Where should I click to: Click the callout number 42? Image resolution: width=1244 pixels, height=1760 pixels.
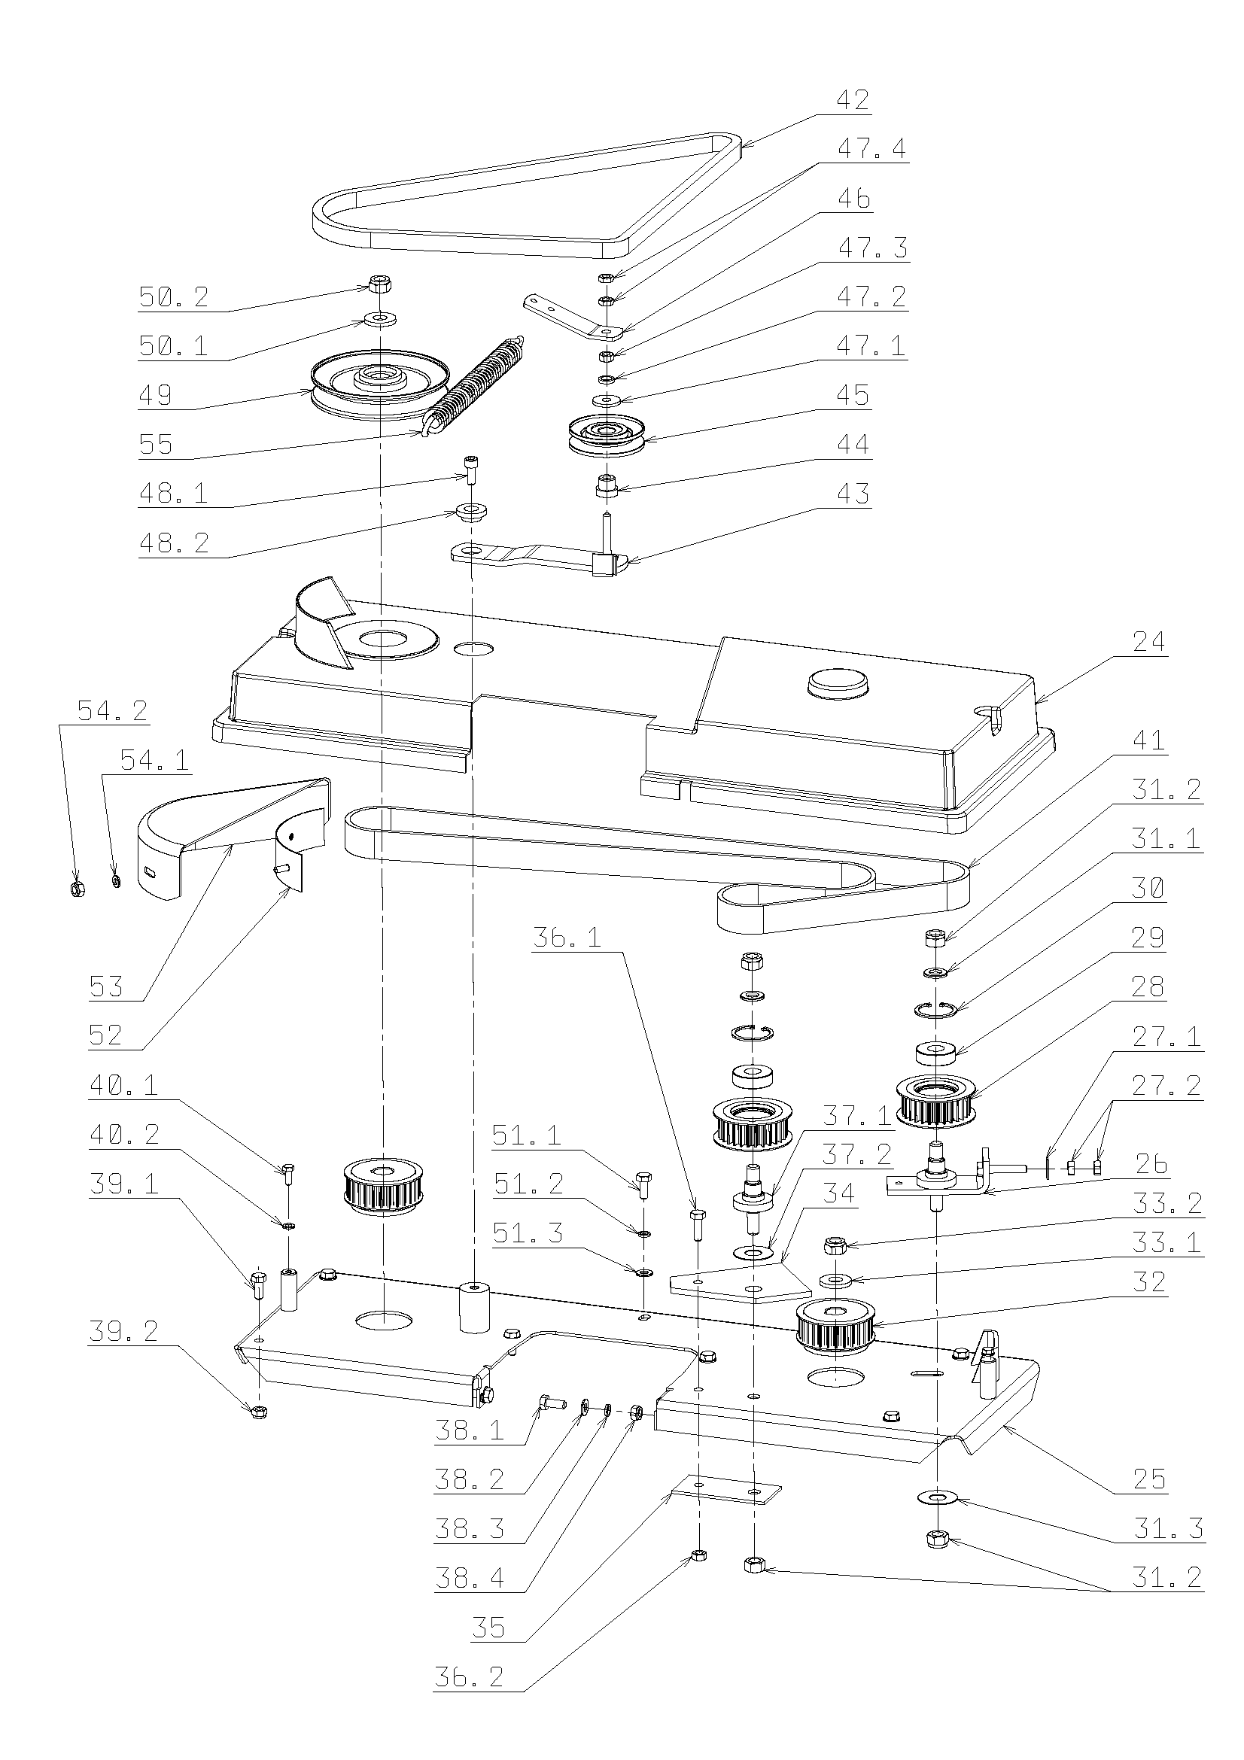(853, 100)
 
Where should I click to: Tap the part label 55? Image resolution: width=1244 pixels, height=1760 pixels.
(156, 445)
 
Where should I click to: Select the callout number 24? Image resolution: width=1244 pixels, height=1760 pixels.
(1148, 641)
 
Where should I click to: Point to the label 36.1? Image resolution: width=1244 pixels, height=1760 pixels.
(567, 937)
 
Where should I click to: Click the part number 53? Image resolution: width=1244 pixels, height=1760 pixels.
(106, 986)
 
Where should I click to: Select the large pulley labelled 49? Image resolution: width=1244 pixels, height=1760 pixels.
(379, 383)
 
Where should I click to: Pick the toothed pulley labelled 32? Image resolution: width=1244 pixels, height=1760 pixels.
(835, 1326)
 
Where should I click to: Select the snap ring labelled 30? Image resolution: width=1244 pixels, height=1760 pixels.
(935, 1009)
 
